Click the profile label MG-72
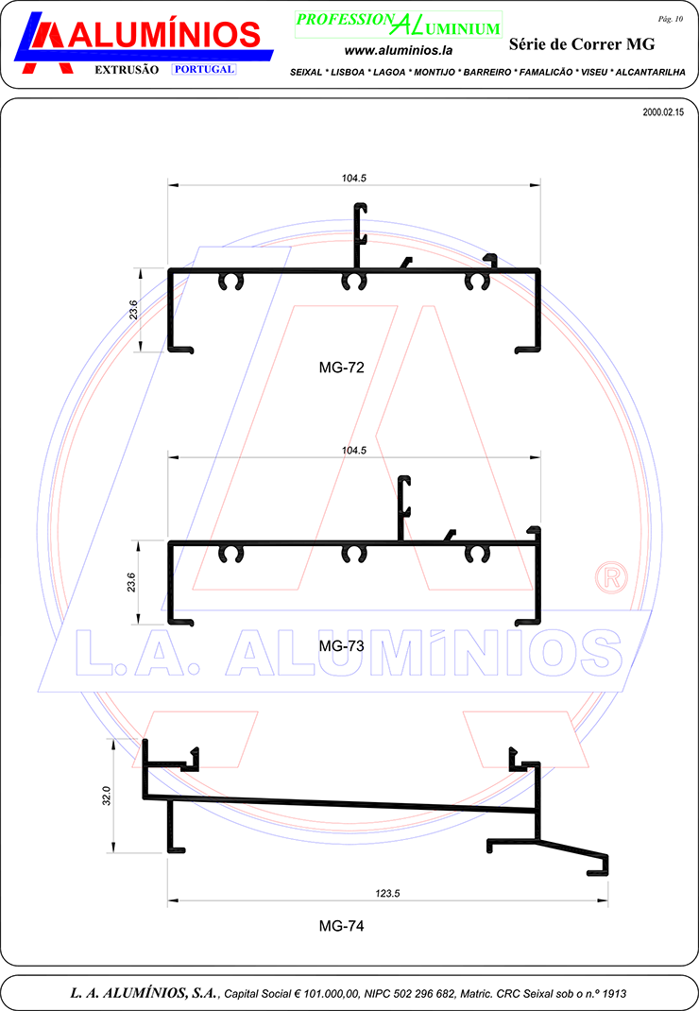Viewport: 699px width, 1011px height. point(341,368)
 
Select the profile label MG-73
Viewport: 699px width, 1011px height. point(341,646)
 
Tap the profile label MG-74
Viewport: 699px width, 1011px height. point(341,926)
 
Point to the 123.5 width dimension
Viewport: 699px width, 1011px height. point(387,893)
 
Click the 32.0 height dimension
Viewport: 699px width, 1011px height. point(107,796)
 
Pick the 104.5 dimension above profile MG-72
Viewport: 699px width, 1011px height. point(354,178)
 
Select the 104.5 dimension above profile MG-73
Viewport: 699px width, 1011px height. point(354,450)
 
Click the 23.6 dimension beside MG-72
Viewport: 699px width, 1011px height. point(133,310)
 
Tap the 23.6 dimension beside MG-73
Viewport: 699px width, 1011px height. point(131,582)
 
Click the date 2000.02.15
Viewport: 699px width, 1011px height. point(663,112)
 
